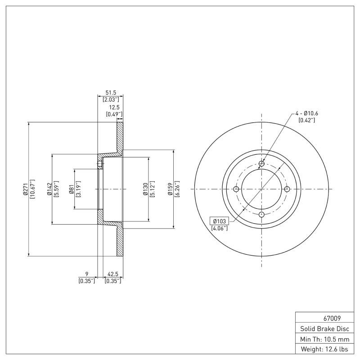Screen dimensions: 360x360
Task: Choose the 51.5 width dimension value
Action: [x=110, y=92]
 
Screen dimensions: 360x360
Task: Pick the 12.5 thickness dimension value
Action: [x=114, y=108]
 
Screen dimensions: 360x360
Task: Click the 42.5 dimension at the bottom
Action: [x=113, y=274]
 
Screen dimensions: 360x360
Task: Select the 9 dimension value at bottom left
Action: [x=86, y=274]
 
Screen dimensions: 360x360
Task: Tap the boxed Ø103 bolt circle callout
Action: [x=219, y=221]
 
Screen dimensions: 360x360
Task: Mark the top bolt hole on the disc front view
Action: [x=261, y=164]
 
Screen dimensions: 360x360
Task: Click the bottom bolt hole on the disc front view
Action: [x=261, y=215]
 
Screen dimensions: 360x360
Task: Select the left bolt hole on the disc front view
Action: [x=236, y=189]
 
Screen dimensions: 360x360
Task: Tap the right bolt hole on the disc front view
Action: [x=287, y=189]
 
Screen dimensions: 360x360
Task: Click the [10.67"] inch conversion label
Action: [x=32, y=190]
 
